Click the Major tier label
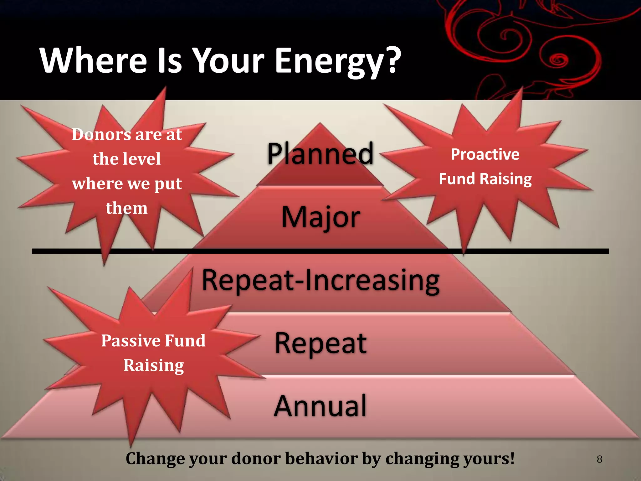pos(320,217)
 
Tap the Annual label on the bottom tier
pos(320,406)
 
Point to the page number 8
pos(599,459)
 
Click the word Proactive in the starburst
pos(485,154)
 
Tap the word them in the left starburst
pos(126,208)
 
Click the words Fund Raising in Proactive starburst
pos(485,179)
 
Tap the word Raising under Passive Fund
pos(153,365)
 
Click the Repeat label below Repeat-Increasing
pos(320,344)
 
